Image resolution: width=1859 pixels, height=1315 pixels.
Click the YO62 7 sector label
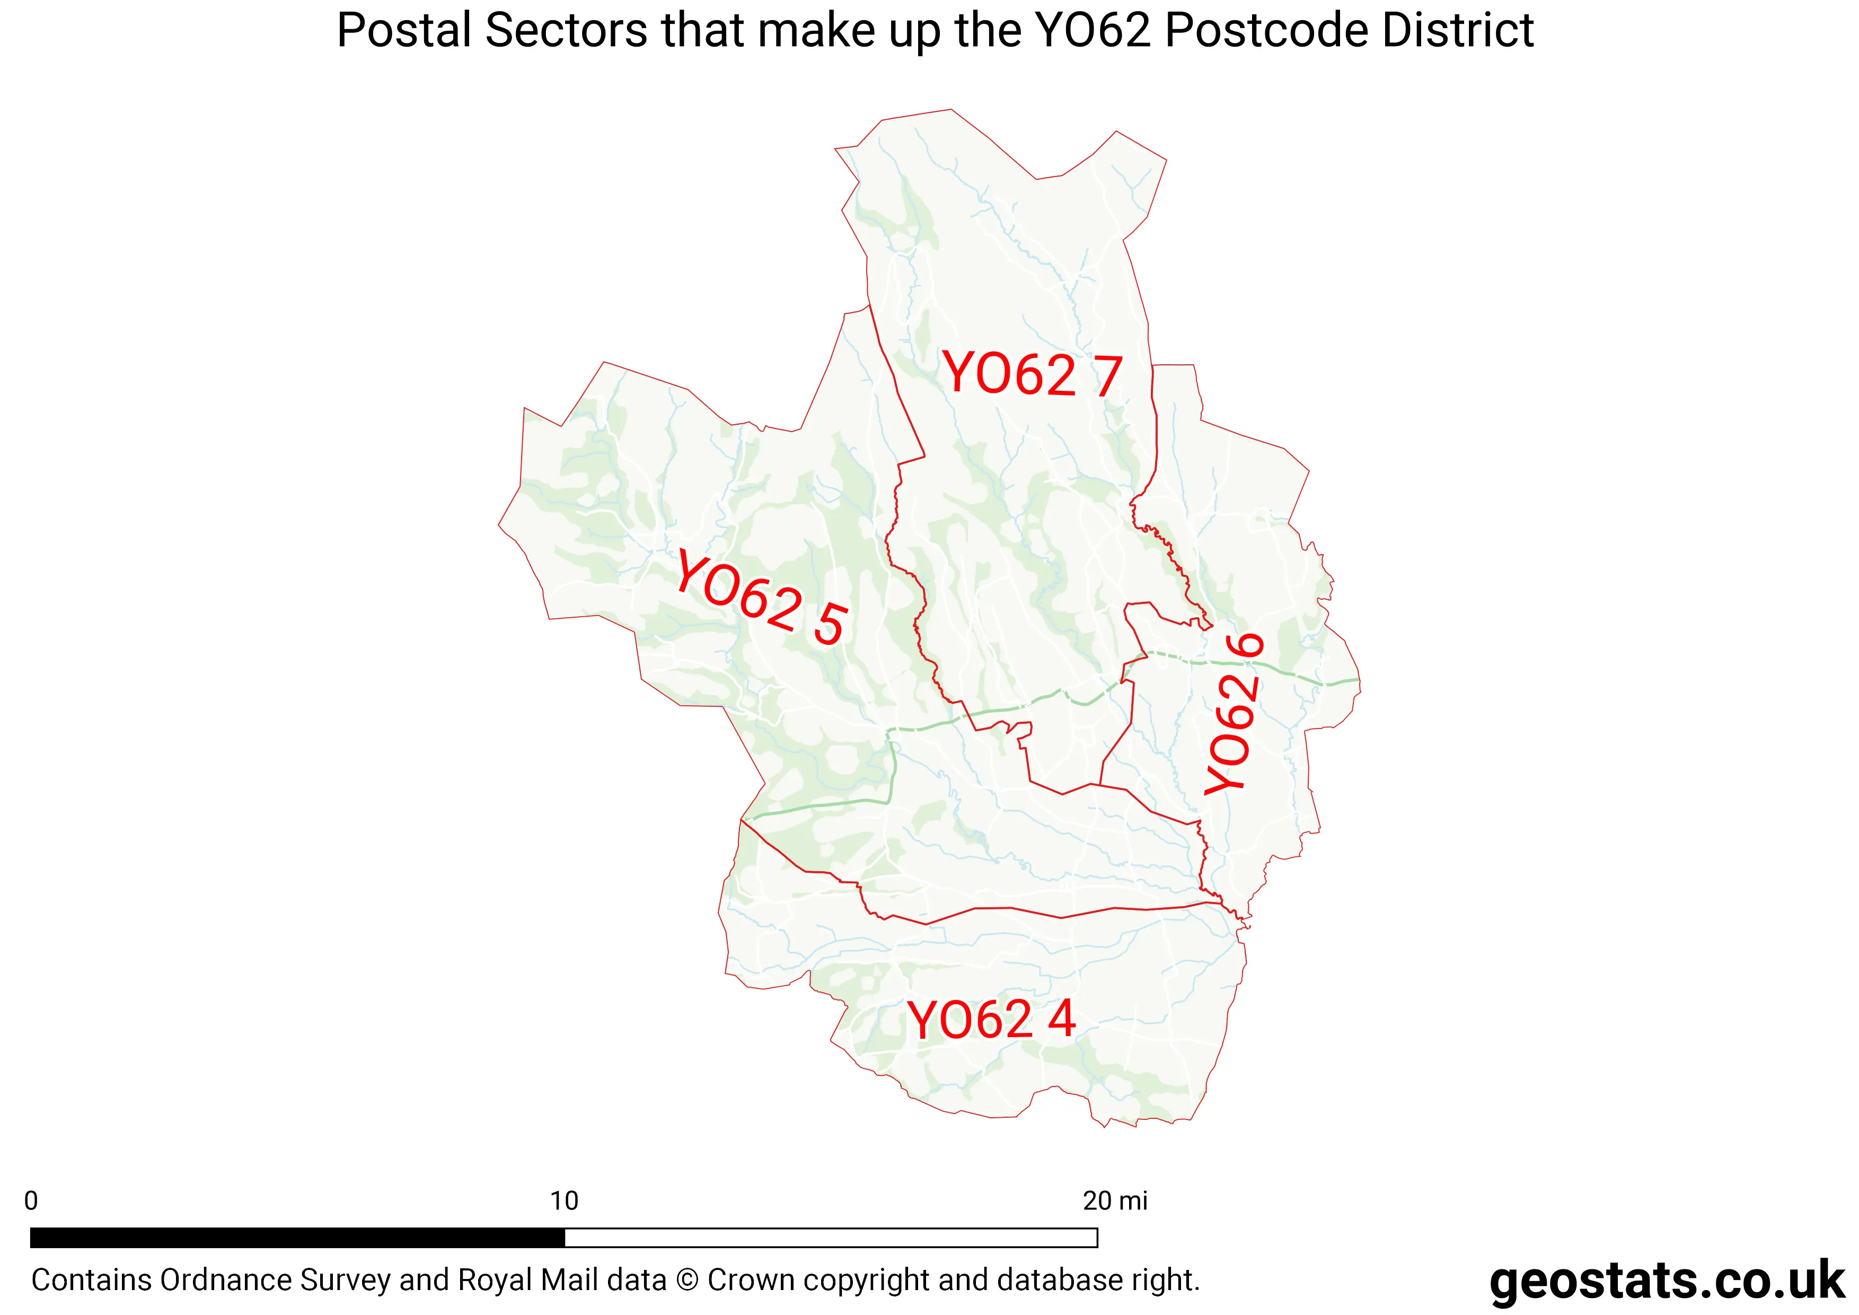1032,375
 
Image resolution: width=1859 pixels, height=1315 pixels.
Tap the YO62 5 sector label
761,598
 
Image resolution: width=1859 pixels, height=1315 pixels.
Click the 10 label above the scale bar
565,1201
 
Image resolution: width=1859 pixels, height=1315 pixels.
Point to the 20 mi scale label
1115,1201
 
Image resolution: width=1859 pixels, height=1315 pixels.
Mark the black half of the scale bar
297,1237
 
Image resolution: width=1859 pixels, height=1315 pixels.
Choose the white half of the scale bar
831,1237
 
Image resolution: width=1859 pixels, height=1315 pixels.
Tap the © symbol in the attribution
686,1280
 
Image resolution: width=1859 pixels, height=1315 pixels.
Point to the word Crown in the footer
746,1280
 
